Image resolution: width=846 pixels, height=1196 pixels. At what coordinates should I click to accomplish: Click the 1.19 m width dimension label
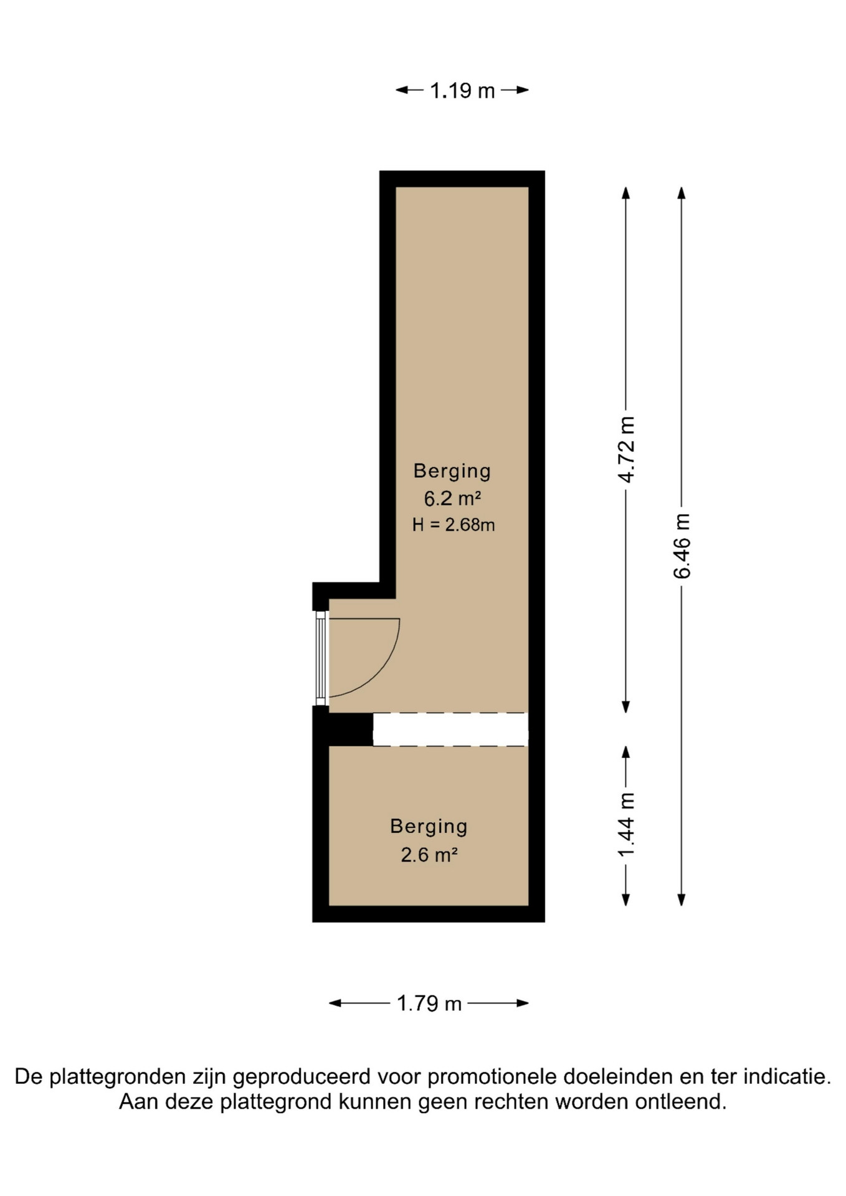[x=462, y=91]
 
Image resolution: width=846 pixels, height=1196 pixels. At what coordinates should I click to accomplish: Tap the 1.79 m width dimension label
[x=429, y=1004]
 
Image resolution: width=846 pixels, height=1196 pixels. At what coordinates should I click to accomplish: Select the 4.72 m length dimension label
[x=626, y=450]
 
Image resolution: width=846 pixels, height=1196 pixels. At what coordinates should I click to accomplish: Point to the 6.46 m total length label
[x=682, y=546]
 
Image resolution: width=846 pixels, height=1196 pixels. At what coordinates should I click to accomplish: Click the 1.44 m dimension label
[x=626, y=825]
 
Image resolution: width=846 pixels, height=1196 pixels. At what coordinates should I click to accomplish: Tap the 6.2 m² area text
[x=452, y=499]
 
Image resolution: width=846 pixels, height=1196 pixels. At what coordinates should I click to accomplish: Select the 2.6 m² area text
[x=429, y=855]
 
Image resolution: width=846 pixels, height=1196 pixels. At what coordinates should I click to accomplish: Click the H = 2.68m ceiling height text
[x=454, y=525]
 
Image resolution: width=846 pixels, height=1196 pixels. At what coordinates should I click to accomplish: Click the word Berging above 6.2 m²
[x=452, y=472]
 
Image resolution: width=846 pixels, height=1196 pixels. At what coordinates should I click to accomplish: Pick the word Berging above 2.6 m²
[x=429, y=827]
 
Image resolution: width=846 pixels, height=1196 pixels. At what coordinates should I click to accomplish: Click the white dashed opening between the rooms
[x=450, y=729]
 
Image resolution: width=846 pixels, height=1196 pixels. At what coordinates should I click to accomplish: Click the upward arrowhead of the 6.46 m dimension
[x=682, y=192]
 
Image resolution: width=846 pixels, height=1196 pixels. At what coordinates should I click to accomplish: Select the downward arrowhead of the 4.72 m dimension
[x=626, y=707]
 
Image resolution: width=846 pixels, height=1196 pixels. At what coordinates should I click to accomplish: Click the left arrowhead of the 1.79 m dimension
[x=335, y=1003]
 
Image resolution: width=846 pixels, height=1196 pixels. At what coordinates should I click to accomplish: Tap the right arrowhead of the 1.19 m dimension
[x=523, y=90]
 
